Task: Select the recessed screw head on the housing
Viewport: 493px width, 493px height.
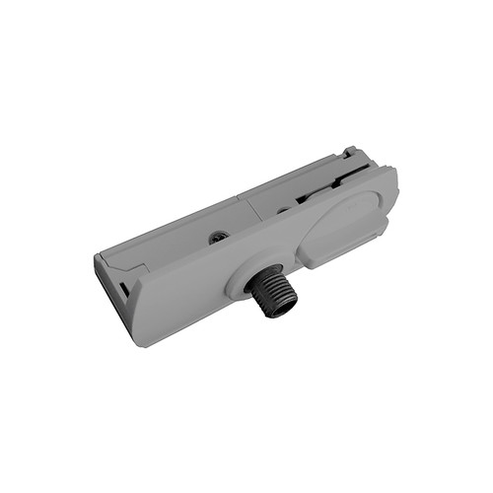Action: [x=217, y=237]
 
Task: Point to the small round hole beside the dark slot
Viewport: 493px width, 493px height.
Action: [x=283, y=209]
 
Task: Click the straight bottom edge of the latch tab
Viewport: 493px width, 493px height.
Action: [x=335, y=259]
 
